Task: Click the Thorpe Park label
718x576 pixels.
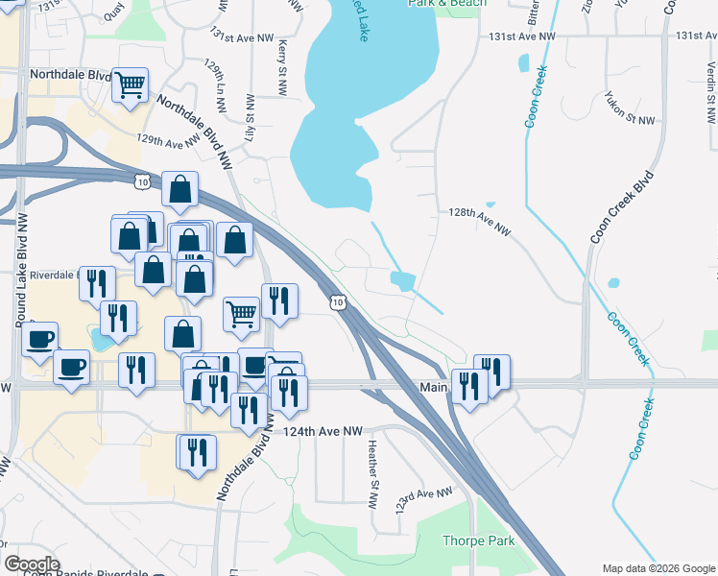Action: pos(478,540)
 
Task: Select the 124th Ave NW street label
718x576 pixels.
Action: pos(323,432)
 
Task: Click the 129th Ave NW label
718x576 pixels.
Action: pos(172,142)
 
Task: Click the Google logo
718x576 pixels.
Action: pos(31,564)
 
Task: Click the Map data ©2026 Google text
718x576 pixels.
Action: pos(658,567)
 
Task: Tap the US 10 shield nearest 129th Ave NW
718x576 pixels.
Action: pos(142,180)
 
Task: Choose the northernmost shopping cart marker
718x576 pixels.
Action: pos(130,84)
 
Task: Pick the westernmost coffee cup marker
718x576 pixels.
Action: pos(40,338)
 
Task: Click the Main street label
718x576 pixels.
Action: pos(434,386)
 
